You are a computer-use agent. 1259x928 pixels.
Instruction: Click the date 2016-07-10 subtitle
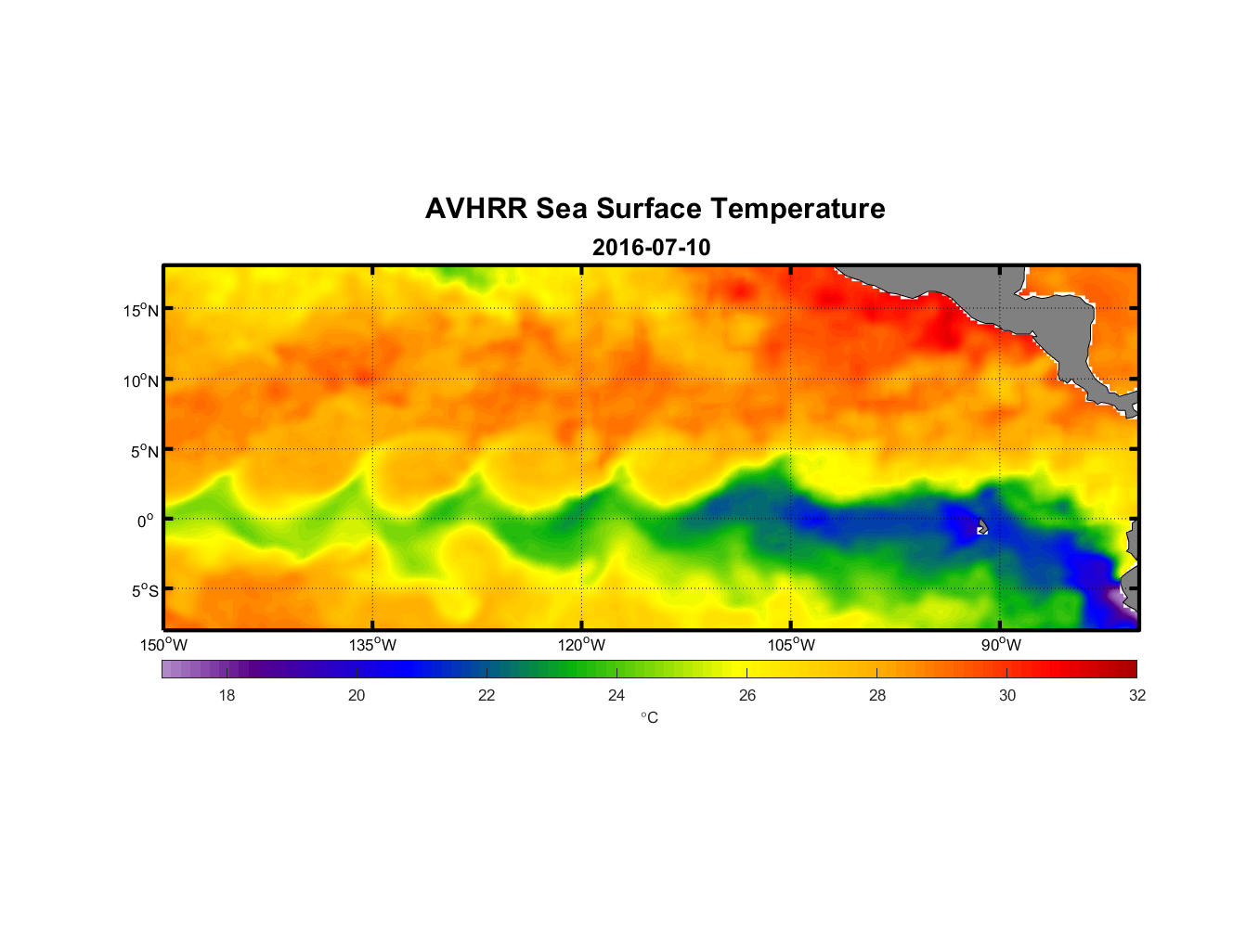(x=651, y=248)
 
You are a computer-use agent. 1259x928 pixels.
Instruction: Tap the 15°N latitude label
(x=141, y=310)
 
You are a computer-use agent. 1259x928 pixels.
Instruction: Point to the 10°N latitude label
(x=141, y=380)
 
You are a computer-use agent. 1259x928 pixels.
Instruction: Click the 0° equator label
(x=145, y=521)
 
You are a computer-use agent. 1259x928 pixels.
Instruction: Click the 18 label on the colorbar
(x=227, y=695)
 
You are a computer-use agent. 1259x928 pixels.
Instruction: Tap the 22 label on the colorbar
(x=487, y=695)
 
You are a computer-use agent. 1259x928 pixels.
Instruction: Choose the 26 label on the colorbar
(x=747, y=695)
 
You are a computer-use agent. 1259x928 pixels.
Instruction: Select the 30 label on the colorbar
(x=1007, y=695)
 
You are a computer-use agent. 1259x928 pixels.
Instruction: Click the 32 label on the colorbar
(x=1137, y=695)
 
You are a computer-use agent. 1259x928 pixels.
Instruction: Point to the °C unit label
(x=649, y=718)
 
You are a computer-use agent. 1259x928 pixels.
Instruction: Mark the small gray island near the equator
(x=982, y=527)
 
